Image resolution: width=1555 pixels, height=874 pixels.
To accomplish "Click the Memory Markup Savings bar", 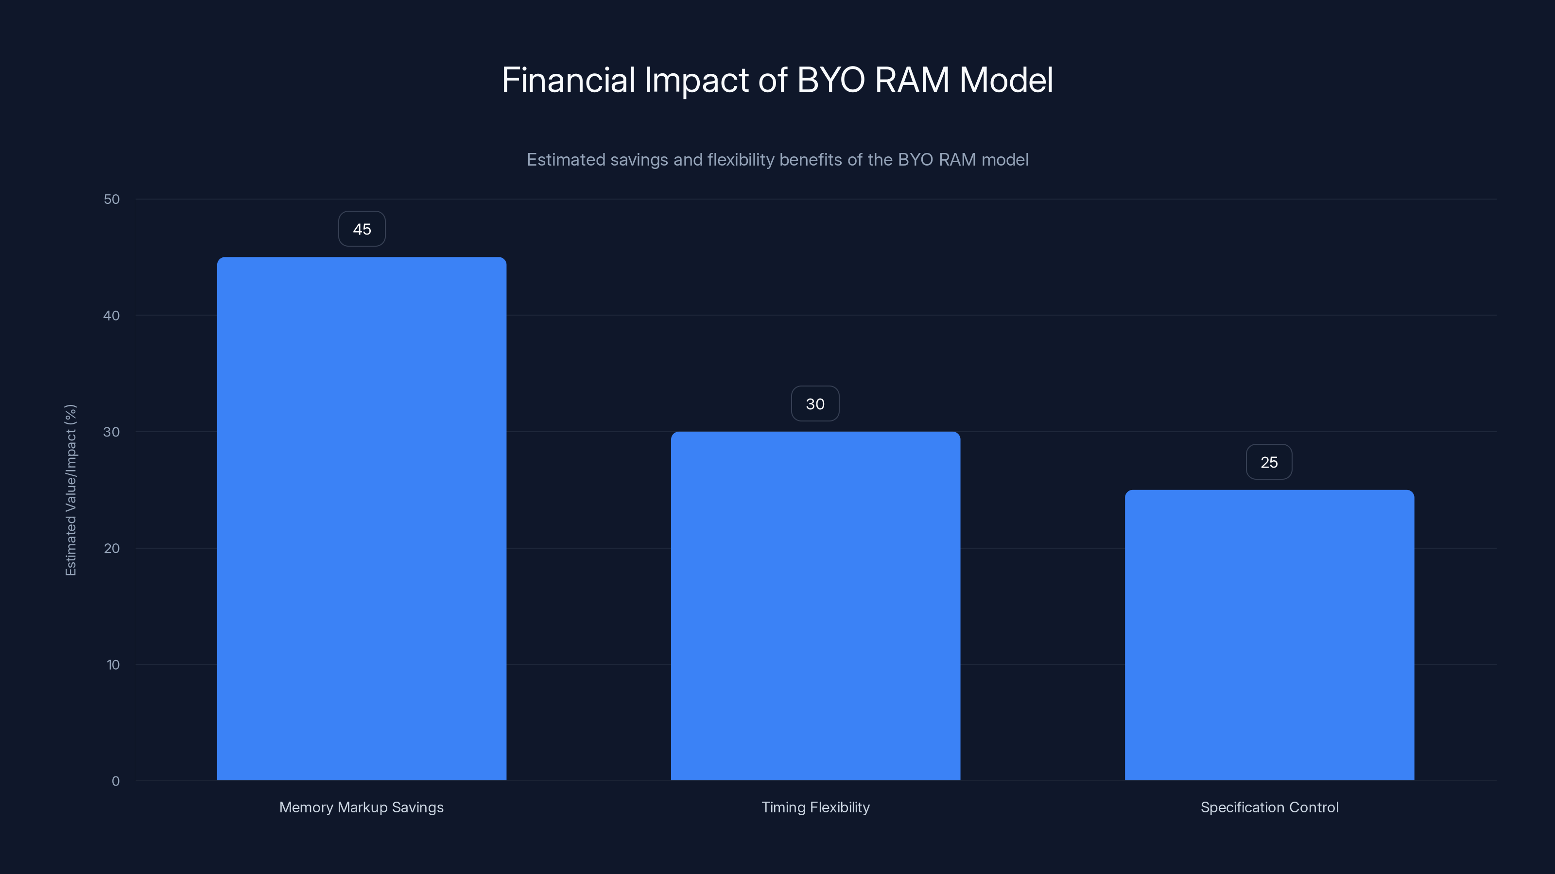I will [362, 519].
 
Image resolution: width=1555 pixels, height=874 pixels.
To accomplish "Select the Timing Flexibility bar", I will [815, 605].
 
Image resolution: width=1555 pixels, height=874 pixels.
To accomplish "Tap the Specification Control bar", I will [1269, 635].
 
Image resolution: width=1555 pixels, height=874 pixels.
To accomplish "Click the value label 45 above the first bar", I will [362, 229].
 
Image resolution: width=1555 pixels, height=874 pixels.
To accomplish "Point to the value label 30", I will [815, 404].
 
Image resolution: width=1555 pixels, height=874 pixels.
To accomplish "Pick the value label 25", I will [1269, 463].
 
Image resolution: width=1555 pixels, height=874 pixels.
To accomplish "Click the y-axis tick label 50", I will [112, 199].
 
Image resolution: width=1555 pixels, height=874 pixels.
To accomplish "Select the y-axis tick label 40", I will [112, 316].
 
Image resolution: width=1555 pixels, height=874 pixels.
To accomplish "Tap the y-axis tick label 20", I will [112, 548].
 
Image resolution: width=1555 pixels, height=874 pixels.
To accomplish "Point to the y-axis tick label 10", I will [113, 665].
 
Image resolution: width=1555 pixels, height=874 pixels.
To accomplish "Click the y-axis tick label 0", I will [115, 781].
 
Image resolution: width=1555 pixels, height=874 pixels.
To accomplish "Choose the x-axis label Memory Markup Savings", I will [361, 807].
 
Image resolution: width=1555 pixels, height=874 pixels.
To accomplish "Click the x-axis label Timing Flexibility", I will [815, 807].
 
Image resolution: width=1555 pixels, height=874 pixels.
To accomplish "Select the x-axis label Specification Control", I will [1269, 807].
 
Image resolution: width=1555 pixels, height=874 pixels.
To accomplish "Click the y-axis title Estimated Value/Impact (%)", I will [70, 490].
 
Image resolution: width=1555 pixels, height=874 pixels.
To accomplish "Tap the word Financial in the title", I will [568, 80].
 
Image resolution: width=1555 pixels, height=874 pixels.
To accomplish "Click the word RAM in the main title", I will [912, 80].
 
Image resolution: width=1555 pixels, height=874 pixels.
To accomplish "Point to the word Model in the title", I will [1006, 80].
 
